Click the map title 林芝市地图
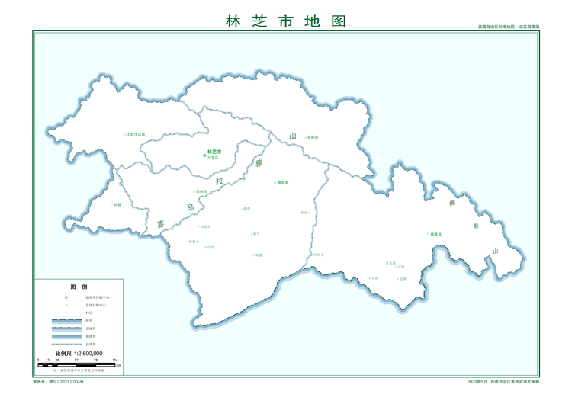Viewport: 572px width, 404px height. click(x=286, y=21)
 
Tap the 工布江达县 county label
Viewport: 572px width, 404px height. click(x=136, y=135)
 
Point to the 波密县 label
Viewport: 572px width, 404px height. click(x=312, y=138)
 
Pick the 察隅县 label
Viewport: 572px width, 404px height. click(x=435, y=234)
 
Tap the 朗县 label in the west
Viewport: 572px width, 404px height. click(x=117, y=204)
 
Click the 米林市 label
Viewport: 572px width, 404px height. click(x=202, y=191)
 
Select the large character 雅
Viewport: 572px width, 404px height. click(x=259, y=164)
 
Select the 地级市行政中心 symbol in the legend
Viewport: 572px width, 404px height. click(x=66, y=297)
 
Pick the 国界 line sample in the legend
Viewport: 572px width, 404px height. click(x=66, y=321)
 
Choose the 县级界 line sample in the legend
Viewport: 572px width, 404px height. click(x=66, y=344)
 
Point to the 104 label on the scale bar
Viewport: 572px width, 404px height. click(x=115, y=360)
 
